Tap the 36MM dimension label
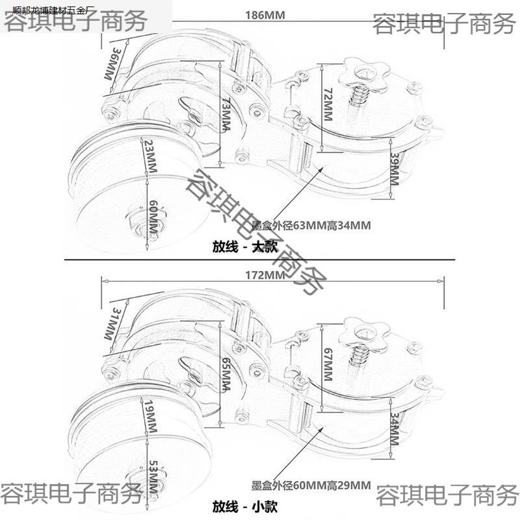[112, 63]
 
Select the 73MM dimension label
[224, 114]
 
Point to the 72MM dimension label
[328, 105]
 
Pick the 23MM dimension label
[150, 153]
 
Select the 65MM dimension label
[225, 374]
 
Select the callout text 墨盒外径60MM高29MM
[310, 485]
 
